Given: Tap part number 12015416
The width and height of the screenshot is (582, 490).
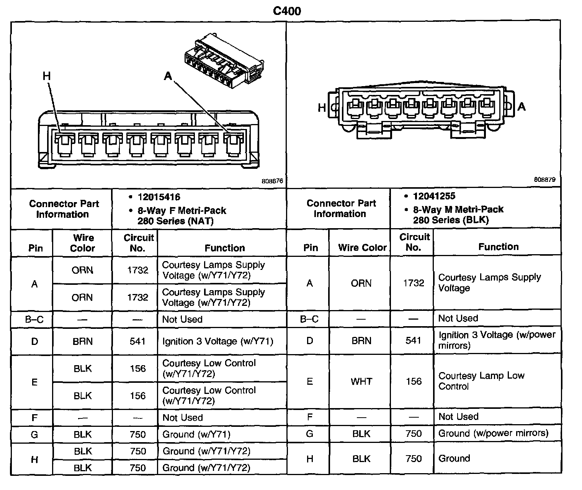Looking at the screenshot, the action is [x=159, y=197].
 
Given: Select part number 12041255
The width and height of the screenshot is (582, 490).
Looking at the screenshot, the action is [x=434, y=196].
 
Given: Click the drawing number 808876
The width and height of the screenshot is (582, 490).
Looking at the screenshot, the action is [x=272, y=181].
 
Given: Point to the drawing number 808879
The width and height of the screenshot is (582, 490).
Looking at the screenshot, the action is [x=544, y=180].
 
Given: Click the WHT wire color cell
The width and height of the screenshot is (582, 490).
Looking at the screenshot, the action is [x=361, y=381].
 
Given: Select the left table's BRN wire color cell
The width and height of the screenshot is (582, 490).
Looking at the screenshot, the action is [x=83, y=341].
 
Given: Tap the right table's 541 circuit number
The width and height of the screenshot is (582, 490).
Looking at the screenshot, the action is [x=414, y=340].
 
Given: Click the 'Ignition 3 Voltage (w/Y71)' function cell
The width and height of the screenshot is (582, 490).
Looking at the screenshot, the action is [x=217, y=341].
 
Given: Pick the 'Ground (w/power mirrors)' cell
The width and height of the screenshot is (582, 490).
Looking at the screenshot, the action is [x=493, y=433].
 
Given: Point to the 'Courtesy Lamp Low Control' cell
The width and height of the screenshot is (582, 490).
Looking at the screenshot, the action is [x=481, y=381].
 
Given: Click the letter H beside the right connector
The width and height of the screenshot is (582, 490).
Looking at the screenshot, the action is [x=322, y=108].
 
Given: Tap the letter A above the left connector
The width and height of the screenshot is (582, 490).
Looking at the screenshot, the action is [x=168, y=77].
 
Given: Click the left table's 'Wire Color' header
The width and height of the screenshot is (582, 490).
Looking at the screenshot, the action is [x=83, y=243].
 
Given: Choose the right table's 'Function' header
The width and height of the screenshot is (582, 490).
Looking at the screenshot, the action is [x=498, y=247].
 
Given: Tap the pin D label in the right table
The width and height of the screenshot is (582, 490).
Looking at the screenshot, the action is [x=310, y=340].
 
